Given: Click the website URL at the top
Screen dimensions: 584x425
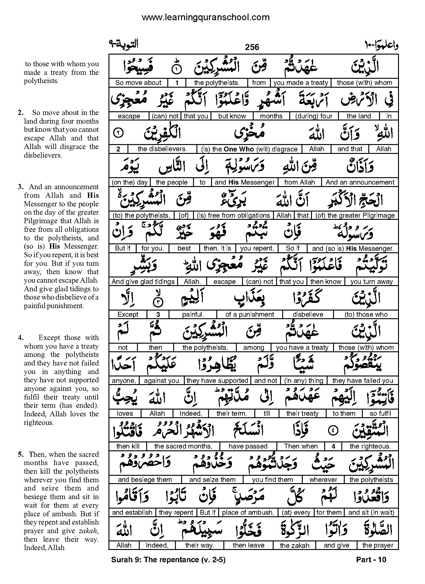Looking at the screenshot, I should (x=205, y=17).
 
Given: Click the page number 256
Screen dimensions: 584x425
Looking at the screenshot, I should (x=252, y=47).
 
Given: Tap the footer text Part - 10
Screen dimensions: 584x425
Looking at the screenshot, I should (x=371, y=559).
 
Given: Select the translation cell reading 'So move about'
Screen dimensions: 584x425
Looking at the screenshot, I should (x=138, y=82).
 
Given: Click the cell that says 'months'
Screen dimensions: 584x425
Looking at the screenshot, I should (x=271, y=116).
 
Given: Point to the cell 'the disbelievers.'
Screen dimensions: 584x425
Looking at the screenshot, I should (x=162, y=149).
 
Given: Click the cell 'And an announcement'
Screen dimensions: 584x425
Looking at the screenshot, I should (x=360, y=182).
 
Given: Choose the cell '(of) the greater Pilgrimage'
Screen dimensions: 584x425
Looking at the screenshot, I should (x=355, y=215).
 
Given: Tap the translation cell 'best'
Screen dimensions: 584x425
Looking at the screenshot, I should (x=184, y=248).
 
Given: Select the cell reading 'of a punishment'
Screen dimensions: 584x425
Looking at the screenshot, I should (x=249, y=314).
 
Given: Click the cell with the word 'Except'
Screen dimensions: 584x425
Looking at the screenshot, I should (x=128, y=314).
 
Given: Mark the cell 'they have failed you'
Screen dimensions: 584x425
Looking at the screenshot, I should (x=362, y=380).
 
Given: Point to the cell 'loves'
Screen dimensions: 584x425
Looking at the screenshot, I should (x=125, y=413).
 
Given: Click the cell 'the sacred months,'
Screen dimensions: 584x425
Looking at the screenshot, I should (x=183, y=446).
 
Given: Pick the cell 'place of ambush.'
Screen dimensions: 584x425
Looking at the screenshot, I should (x=248, y=512).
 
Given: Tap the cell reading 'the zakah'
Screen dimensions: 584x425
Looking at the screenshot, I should (x=294, y=545).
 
